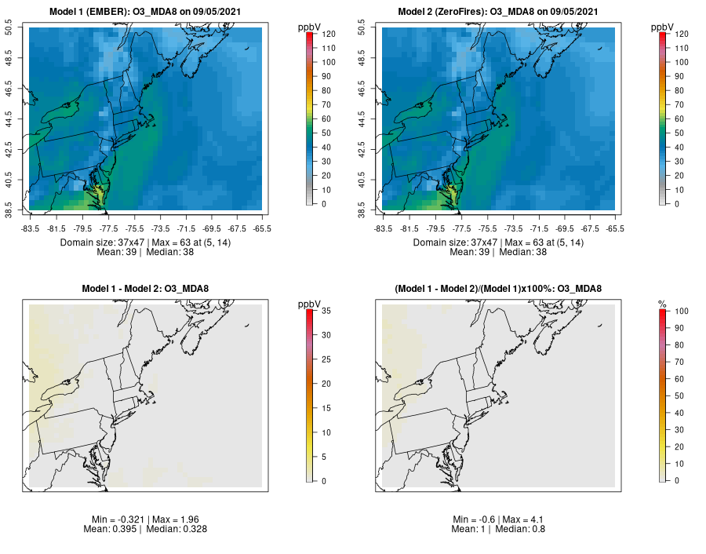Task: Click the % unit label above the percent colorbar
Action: (662, 303)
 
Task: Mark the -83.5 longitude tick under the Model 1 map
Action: (31, 229)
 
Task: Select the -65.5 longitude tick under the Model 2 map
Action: (615, 229)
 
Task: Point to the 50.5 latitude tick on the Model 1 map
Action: (20, 28)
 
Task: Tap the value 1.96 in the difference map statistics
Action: (196, 520)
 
